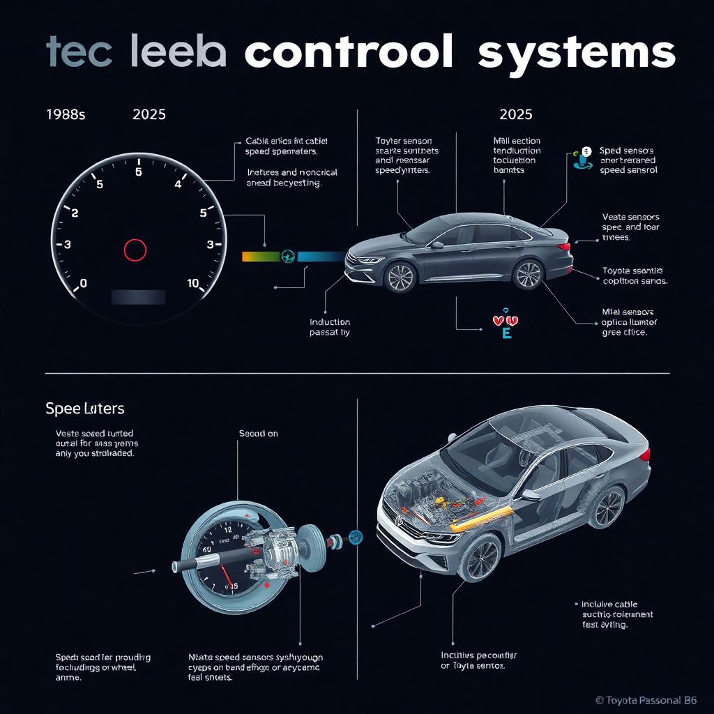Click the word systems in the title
pyautogui.click(x=576, y=52)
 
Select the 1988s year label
pyautogui.click(x=65, y=114)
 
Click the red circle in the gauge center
pyautogui.click(x=135, y=249)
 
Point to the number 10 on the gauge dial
pyautogui.click(x=193, y=284)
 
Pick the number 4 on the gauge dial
pyautogui.click(x=178, y=185)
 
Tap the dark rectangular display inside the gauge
pyautogui.click(x=139, y=297)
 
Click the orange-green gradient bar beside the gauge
pyautogui.click(x=260, y=256)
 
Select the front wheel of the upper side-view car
pyautogui.click(x=400, y=277)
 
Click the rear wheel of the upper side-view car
pyautogui.click(x=527, y=274)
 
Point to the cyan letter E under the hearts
pyautogui.click(x=506, y=333)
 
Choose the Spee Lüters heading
pyautogui.click(x=85, y=409)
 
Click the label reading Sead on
pyautogui.click(x=259, y=434)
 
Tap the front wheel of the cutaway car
pyautogui.click(x=480, y=557)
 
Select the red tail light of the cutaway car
pyautogui.click(x=645, y=455)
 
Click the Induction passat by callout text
pyautogui.click(x=330, y=328)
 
